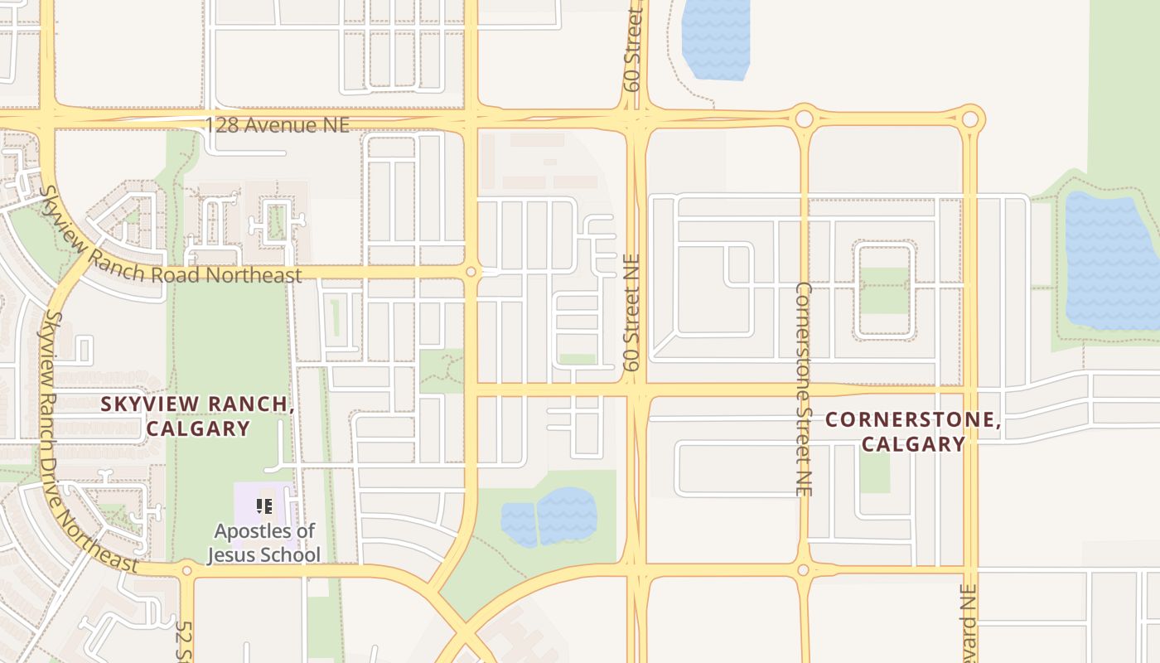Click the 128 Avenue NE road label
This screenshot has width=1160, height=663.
tap(277, 125)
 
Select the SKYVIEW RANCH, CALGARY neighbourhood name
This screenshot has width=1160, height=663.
tap(197, 416)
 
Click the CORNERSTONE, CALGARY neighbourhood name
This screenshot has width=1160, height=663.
tap(913, 432)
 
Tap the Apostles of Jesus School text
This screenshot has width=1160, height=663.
tap(263, 543)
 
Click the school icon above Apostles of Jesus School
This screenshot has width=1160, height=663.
tap(264, 506)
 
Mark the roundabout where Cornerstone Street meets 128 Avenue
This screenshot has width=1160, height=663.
tap(803, 119)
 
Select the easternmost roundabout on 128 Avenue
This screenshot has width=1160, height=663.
tap(969, 119)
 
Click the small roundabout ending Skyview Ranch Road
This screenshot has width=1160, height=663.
tap(471, 272)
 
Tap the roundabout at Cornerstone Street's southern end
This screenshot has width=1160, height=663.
tap(802, 570)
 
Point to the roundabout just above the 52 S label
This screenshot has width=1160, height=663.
tap(186, 570)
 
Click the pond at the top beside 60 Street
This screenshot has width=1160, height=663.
tap(715, 37)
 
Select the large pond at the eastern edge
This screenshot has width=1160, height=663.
tap(1110, 261)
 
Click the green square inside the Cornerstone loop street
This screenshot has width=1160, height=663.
tap(883, 290)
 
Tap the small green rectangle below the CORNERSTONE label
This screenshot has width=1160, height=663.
tap(874, 472)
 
